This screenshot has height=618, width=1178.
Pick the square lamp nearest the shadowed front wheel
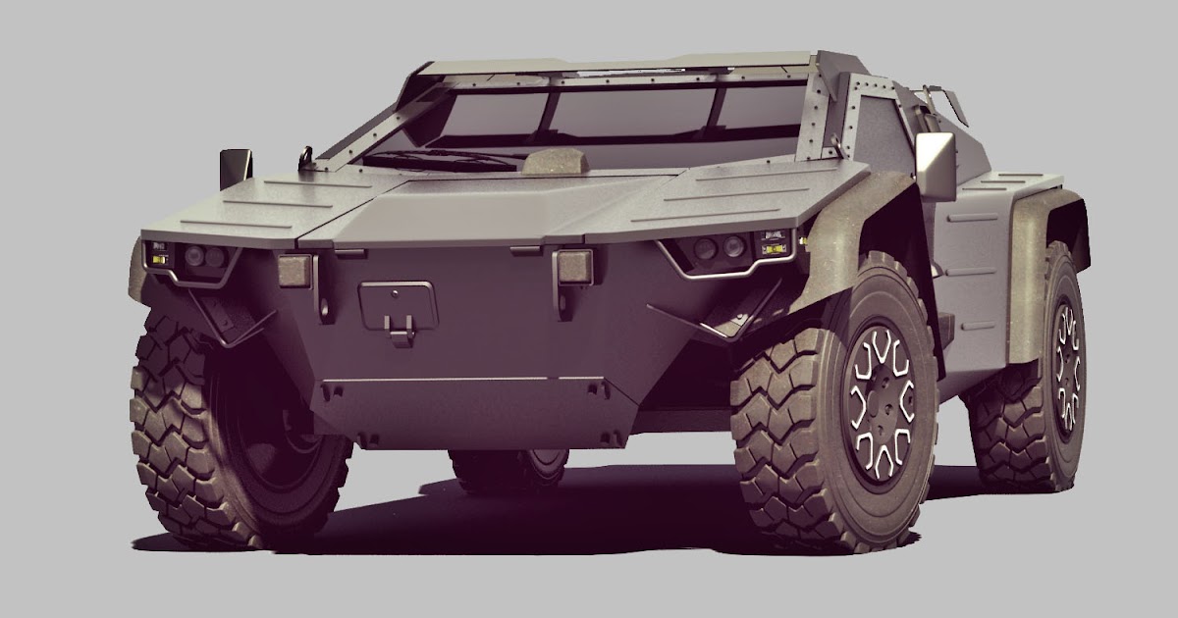[x=294, y=270]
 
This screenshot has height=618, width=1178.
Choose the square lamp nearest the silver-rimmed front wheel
[x=572, y=266]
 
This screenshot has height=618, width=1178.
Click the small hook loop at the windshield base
[x=307, y=156]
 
